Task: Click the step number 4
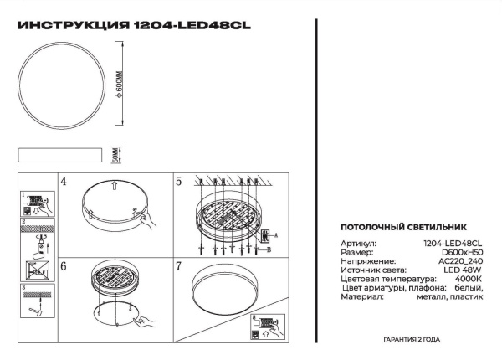click(63, 181)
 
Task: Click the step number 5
click(178, 181)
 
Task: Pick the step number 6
click(63, 265)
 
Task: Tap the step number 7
click(178, 265)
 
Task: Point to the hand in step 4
click(144, 220)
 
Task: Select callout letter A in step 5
click(277, 235)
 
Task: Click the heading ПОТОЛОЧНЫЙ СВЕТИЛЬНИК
click(397, 228)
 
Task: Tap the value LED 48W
click(465, 270)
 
